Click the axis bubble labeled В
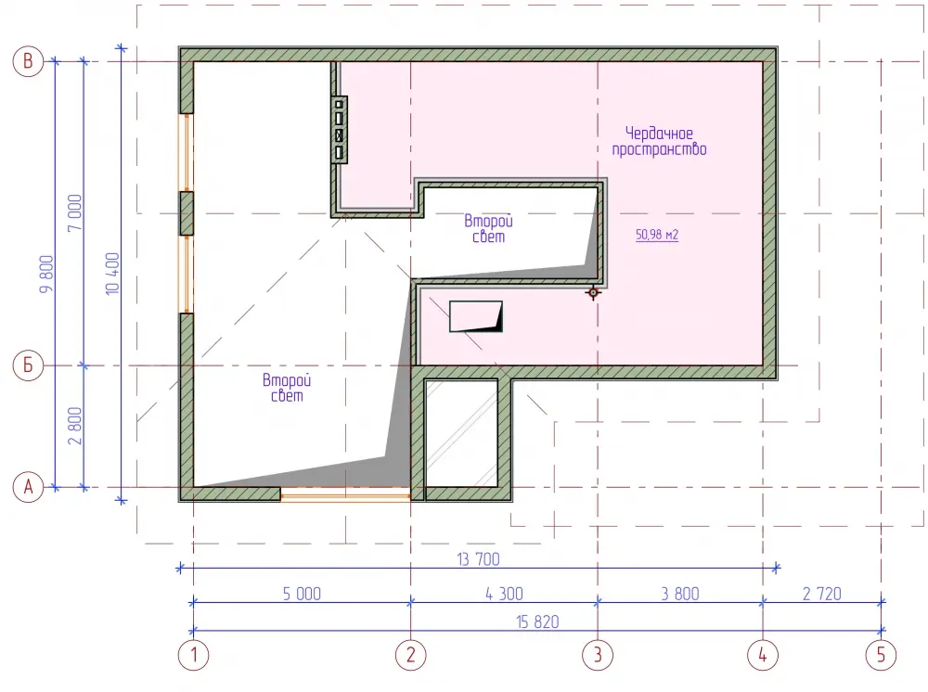(28, 61)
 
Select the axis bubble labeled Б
(28, 365)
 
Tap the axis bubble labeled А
(28, 487)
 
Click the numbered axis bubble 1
(194, 655)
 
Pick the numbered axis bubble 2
(411, 655)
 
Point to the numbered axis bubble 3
(598, 655)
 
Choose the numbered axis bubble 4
(763, 655)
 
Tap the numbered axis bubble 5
(882, 655)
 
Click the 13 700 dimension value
(478, 559)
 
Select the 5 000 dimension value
(302, 594)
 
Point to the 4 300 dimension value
(504, 594)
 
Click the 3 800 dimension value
(680, 594)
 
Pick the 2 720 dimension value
(822, 594)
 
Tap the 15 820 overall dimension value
(537, 622)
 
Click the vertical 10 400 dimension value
(112, 274)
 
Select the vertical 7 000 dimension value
(75, 213)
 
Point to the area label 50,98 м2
(657, 235)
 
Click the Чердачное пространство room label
(659, 141)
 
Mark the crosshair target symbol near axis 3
(593, 292)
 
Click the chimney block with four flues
(339, 130)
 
